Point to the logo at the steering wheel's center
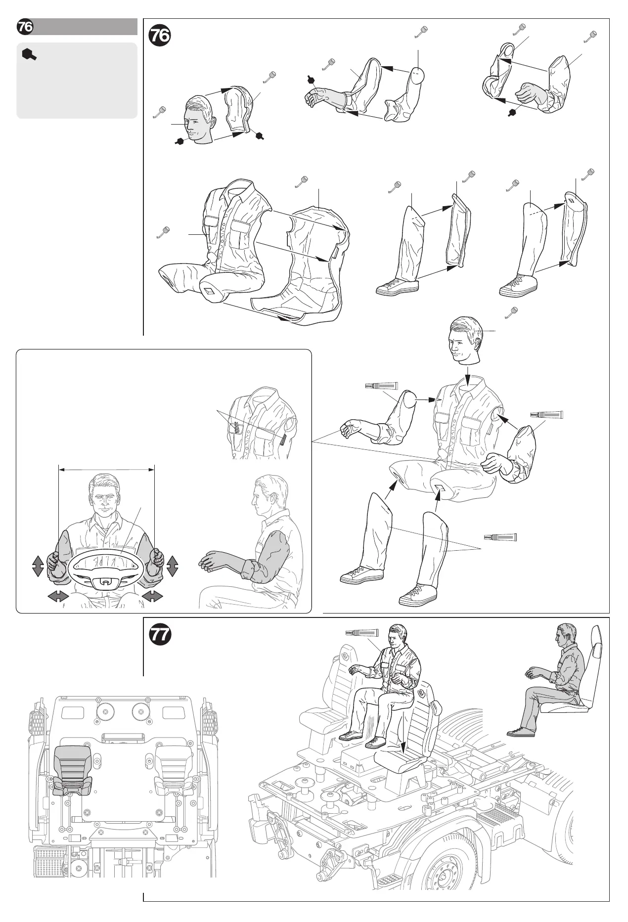click(x=106, y=582)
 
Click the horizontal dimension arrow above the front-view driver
click(x=106, y=471)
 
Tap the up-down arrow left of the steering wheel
click(x=38, y=566)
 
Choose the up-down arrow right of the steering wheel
click(x=173, y=566)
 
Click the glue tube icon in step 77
click(x=362, y=633)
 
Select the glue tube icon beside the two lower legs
click(x=500, y=537)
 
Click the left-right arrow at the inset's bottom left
click(x=58, y=597)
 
